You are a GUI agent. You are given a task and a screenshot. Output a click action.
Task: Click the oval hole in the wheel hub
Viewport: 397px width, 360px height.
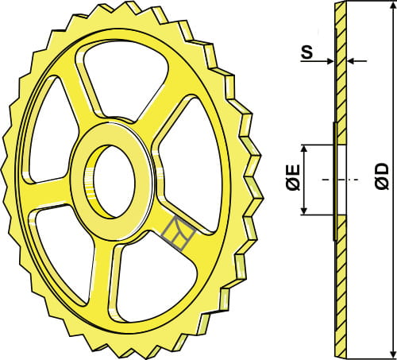(113, 181)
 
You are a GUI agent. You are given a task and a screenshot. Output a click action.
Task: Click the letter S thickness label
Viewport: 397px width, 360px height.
(307, 52)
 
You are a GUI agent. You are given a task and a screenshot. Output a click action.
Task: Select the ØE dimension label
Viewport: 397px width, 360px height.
(293, 177)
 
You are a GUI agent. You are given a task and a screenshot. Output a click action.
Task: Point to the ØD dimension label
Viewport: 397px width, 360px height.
(382, 176)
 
